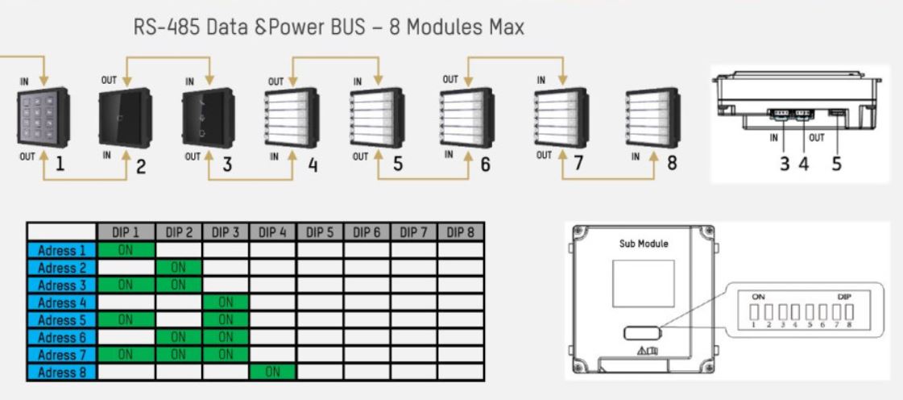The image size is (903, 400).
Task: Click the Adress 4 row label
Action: [61, 303]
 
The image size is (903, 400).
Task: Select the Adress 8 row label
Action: [61, 371]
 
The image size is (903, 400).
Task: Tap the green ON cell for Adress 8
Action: [272, 371]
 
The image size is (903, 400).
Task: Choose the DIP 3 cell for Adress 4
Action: [225, 303]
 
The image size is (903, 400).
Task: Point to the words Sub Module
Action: [643, 242]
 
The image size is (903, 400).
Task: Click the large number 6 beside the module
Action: [485, 165]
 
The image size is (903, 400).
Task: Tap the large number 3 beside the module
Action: [228, 165]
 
